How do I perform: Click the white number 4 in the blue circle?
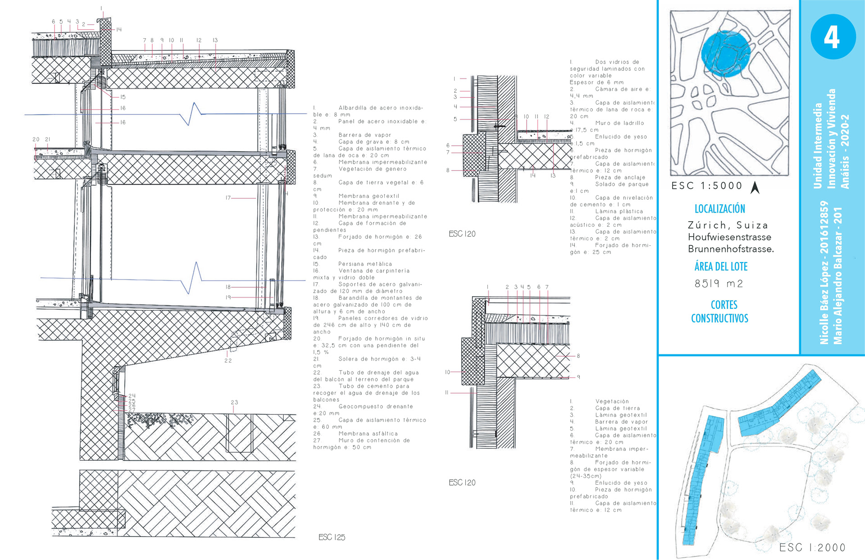(832, 37)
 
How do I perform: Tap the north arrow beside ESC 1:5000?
(755, 187)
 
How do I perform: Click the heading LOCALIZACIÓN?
(719, 209)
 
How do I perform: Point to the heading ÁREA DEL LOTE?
(721, 266)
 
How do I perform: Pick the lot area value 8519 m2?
(719, 284)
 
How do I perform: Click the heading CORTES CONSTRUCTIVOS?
(719, 312)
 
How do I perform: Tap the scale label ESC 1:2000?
(812, 547)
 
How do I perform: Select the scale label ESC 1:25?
(332, 537)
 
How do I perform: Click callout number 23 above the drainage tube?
(234, 402)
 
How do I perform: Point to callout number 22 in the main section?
(228, 360)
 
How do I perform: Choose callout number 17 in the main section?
(228, 197)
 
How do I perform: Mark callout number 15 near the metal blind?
(123, 97)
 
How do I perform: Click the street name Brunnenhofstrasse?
(730, 249)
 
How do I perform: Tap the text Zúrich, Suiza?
(728, 225)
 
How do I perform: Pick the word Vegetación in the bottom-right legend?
(612, 401)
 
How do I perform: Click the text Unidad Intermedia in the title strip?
(818, 146)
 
